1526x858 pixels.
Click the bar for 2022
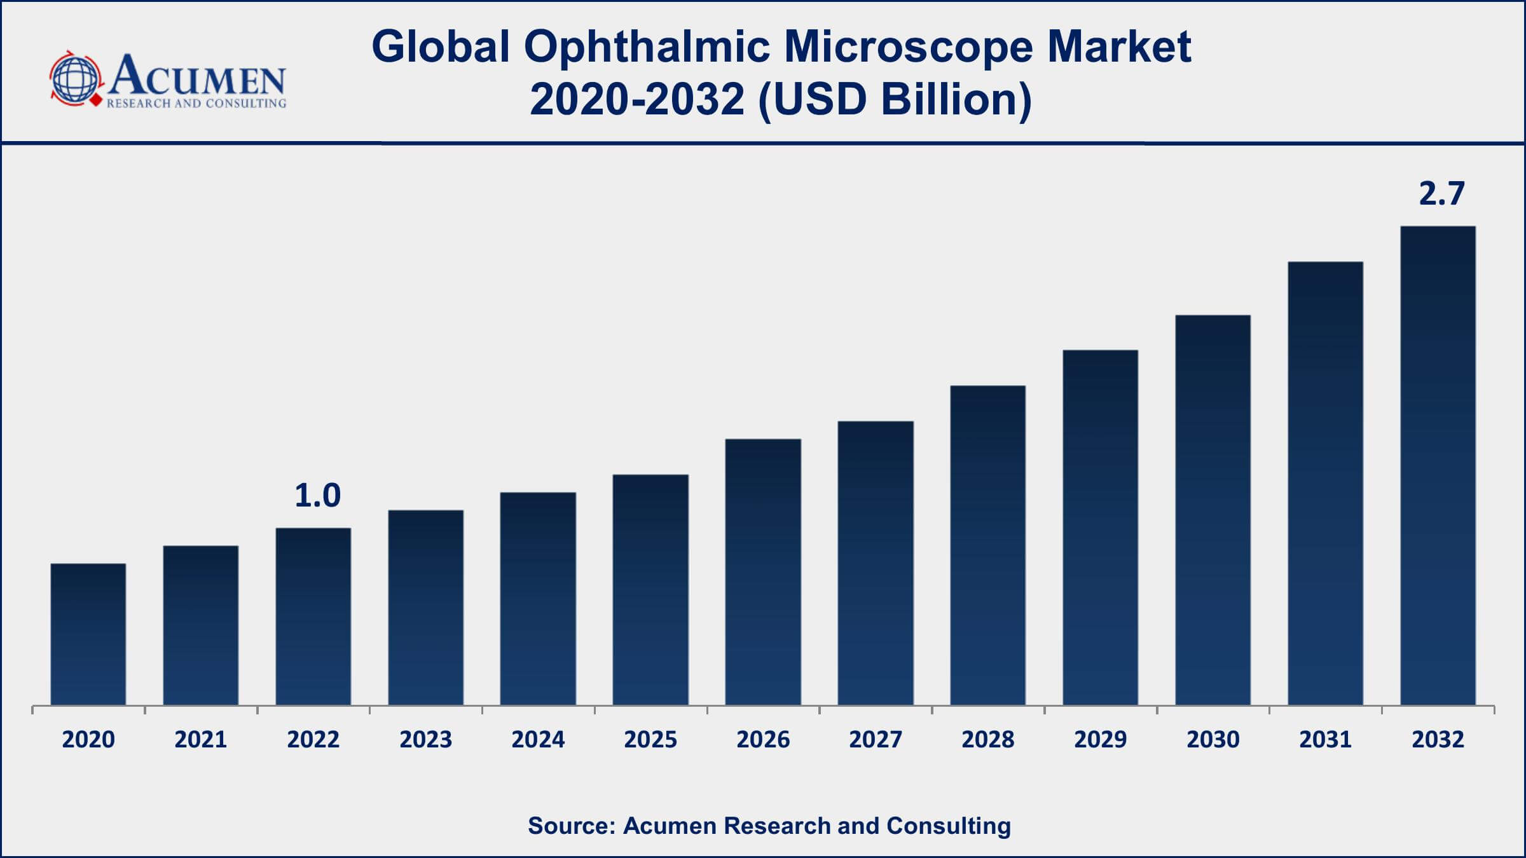[x=313, y=616]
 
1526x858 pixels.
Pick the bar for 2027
[x=876, y=562]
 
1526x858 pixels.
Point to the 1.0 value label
[x=317, y=496]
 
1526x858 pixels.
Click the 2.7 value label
[x=1441, y=193]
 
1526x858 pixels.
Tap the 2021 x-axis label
[x=201, y=739]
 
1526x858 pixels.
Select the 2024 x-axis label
[x=538, y=739]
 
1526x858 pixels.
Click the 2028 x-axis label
[x=987, y=739]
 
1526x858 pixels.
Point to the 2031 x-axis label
[x=1325, y=739]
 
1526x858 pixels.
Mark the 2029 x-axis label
[x=1100, y=739]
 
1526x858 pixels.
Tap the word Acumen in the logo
[x=197, y=76]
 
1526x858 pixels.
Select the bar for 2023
[x=425, y=607]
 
